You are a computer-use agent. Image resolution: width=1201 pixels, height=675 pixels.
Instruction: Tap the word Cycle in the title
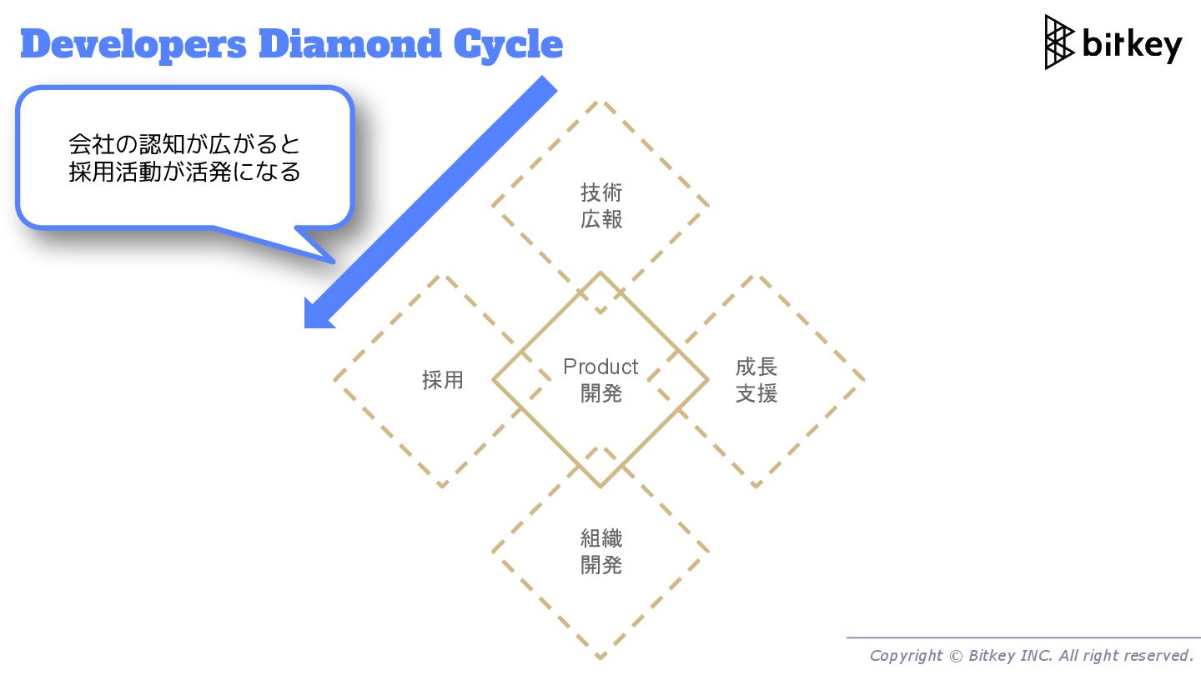(x=509, y=45)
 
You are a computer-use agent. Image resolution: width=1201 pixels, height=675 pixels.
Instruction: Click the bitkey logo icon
(x=1059, y=42)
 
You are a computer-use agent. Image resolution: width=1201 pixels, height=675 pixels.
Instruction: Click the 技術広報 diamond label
(x=601, y=206)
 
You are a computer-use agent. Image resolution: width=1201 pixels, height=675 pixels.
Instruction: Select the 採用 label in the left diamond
(x=442, y=381)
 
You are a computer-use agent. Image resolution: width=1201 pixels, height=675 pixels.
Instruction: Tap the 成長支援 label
(x=756, y=380)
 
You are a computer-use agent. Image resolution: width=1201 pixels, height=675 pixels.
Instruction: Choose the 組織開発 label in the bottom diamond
(x=601, y=552)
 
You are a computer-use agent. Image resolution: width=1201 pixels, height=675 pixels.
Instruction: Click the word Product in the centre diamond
(x=600, y=367)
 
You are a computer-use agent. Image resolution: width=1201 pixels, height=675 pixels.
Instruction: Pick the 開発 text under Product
(x=601, y=393)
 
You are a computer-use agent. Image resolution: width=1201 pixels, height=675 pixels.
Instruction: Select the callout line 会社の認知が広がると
(x=184, y=144)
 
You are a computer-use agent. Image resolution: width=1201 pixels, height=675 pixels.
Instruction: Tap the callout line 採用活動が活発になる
(x=184, y=172)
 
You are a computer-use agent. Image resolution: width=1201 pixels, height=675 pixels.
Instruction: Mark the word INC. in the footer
(x=1034, y=656)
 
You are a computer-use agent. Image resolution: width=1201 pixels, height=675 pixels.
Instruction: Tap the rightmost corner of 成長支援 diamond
(x=864, y=381)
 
